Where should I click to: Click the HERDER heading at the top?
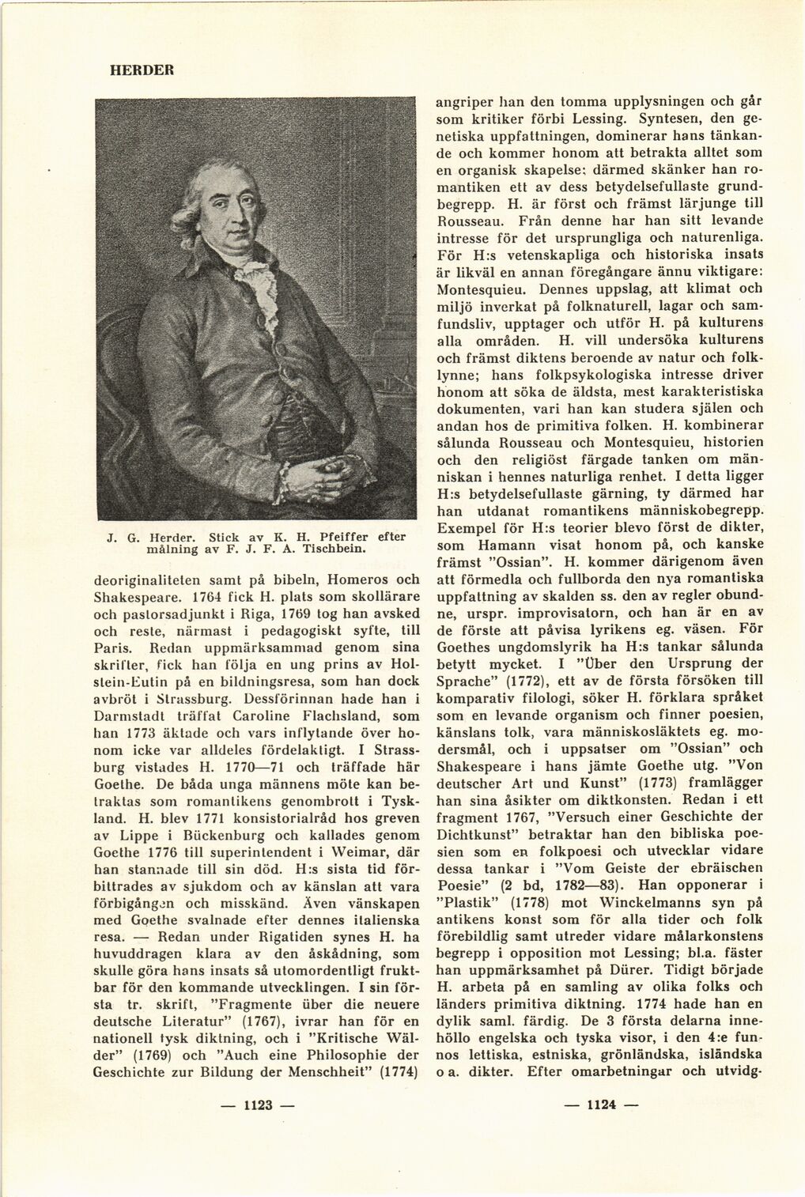(141, 70)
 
